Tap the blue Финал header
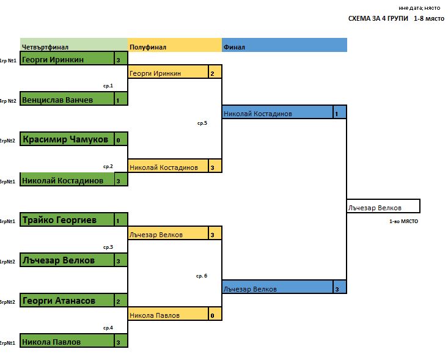pyautogui.click(x=285, y=45)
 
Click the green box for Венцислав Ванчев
pyautogui.click(x=67, y=98)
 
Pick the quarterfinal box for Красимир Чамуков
pyautogui.click(x=67, y=139)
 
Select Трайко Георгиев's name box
pyautogui.click(x=67, y=219)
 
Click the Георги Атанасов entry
pyautogui.click(x=67, y=300)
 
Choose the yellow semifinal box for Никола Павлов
pyautogui.click(x=168, y=314)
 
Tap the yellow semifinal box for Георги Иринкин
pyautogui.click(x=168, y=72)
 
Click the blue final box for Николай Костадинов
pyautogui.click(x=277, y=112)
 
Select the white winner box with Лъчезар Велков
pyautogui.click(x=383, y=206)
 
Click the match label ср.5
pyautogui.click(x=202, y=123)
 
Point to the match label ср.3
pyautogui.click(x=108, y=247)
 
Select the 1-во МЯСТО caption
pyautogui.click(x=404, y=221)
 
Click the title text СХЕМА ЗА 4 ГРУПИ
pyautogui.click(x=378, y=18)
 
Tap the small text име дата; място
pyautogui.click(x=419, y=8)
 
